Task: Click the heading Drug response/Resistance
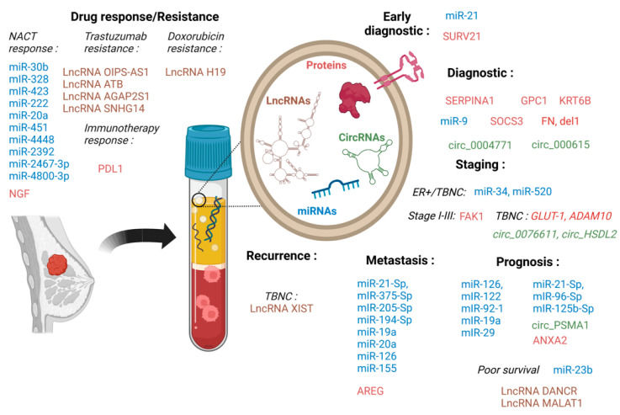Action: tap(144, 16)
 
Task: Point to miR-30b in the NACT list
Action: tap(29, 67)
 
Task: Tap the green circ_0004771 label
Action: tap(477, 144)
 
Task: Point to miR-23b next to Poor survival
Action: tap(573, 370)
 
